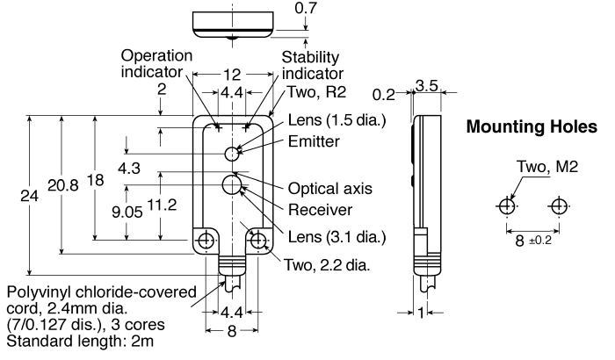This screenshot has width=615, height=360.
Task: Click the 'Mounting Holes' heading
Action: pyautogui.click(x=532, y=127)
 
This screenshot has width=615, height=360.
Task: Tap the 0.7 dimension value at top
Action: pyautogui.click(x=306, y=8)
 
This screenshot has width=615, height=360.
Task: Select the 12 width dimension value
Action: pyautogui.click(x=232, y=74)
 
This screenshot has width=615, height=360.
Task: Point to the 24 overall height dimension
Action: pyautogui.click(x=29, y=195)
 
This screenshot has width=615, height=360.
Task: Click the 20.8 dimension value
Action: pyautogui.click(x=63, y=184)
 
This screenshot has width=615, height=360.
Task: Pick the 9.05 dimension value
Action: pyautogui.click(x=127, y=212)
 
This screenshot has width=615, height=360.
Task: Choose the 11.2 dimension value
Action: pyautogui.click(x=162, y=205)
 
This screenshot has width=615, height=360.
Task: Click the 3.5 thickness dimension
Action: pyautogui.click(x=426, y=85)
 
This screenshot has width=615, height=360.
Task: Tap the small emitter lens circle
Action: pyautogui.click(x=232, y=154)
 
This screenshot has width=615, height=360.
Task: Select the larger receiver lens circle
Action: pyautogui.click(x=232, y=185)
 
